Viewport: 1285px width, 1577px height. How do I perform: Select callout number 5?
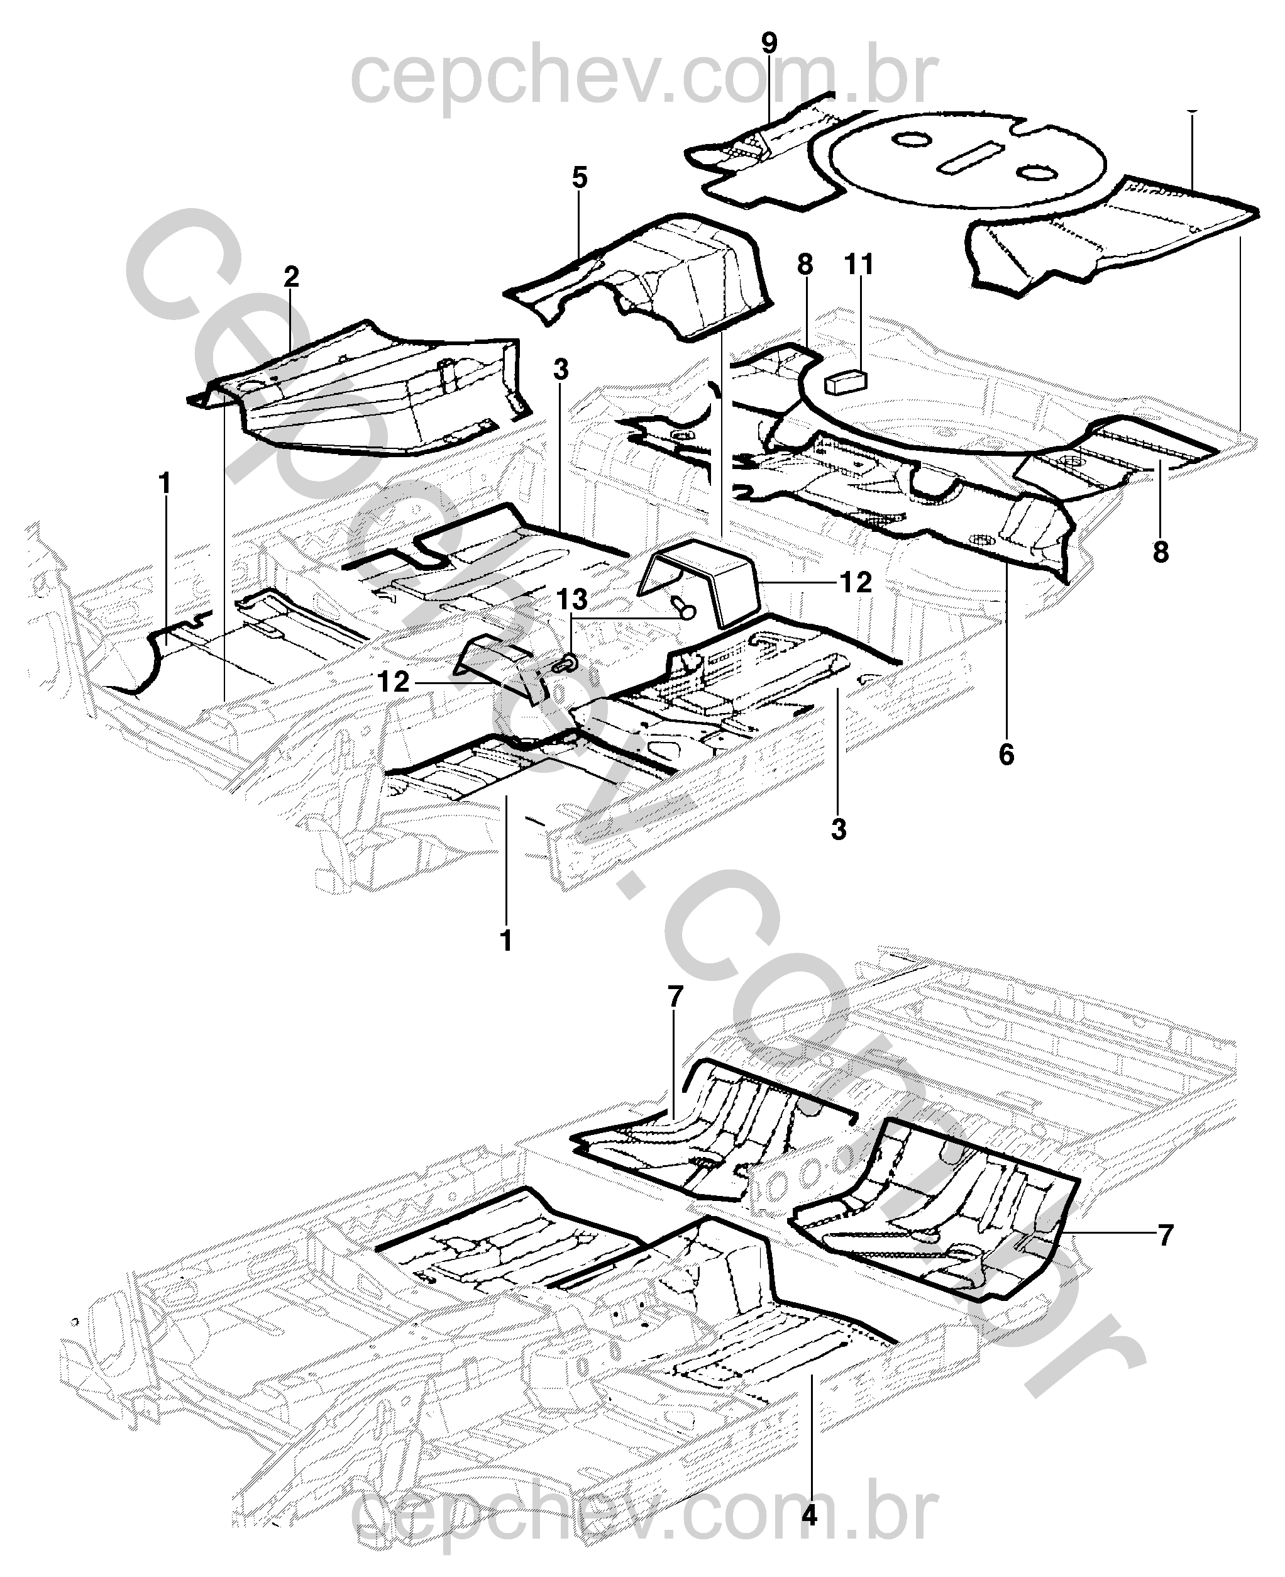(x=580, y=178)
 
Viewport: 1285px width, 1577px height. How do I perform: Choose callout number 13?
(x=572, y=600)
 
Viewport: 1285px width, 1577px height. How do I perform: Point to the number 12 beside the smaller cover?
(x=393, y=682)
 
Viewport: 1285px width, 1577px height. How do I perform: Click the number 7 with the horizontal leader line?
(x=1166, y=1234)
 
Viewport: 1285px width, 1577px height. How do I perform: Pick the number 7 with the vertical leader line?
(x=673, y=997)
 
